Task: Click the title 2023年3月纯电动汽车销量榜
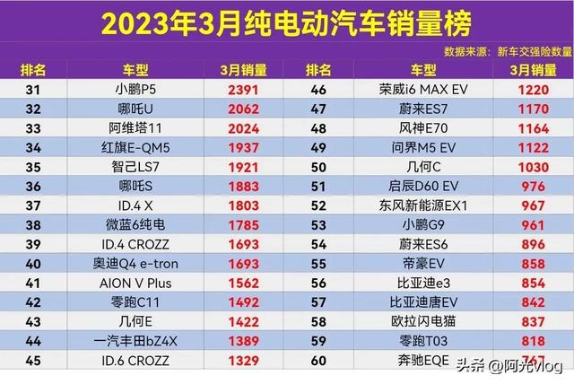coord(286,22)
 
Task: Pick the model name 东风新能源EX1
coord(425,205)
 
